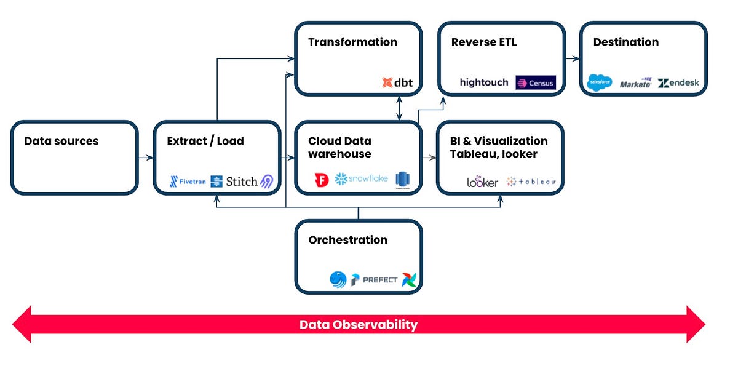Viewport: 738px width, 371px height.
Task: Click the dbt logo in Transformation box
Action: click(x=397, y=82)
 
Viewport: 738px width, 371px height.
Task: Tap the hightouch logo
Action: click(x=484, y=82)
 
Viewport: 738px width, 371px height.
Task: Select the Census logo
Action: click(x=535, y=82)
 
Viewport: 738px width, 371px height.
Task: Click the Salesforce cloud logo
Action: click(x=599, y=82)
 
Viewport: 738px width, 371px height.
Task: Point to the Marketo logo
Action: click(x=635, y=83)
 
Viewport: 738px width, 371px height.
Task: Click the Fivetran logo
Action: click(x=188, y=182)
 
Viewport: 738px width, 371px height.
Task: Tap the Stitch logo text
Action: click(x=241, y=182)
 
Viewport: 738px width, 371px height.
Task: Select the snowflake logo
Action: click(x=362, y=179)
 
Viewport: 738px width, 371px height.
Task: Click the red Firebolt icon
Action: click(x=321, y=180)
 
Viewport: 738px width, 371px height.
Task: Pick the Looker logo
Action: click(x=482, y=182)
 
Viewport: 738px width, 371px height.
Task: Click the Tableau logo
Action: click(x=531, y=182)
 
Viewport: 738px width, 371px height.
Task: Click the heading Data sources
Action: click(x=61, y=141)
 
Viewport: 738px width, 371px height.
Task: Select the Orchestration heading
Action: click(x=347, y=240)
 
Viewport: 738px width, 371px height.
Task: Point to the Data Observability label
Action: click(x=359, y=325)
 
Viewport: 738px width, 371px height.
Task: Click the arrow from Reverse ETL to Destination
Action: click(x=572, y=59)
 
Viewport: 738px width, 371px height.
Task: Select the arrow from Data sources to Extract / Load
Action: click(x=145, y=158)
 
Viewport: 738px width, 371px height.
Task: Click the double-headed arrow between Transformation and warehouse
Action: click(x=400, y=108)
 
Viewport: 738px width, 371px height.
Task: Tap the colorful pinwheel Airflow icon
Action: click(x=409, y=280)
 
